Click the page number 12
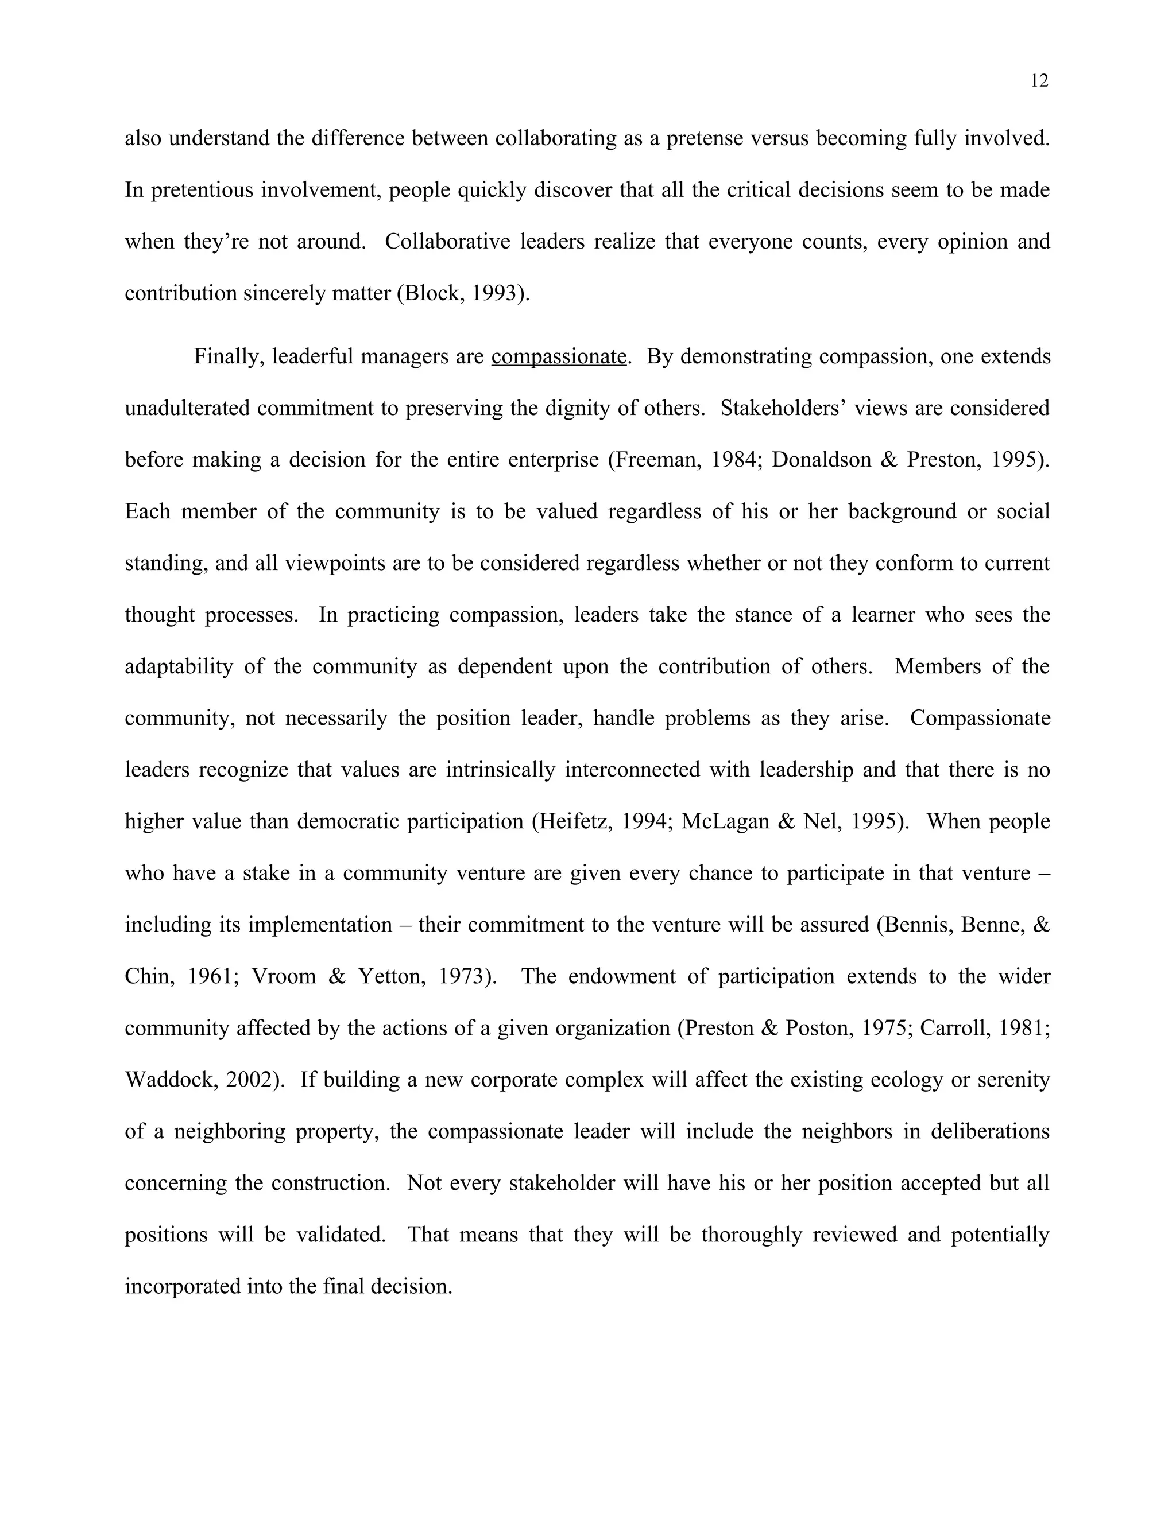(1039, 82)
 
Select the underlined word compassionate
(559, 356)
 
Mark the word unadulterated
(186, 408)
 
